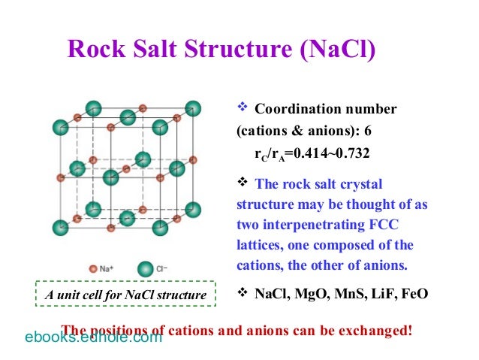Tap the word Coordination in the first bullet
[x=300, y=110]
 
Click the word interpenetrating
[x=316, y=224]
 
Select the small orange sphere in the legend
[x=93, y=268]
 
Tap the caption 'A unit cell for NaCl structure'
[x=125, y=295]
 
